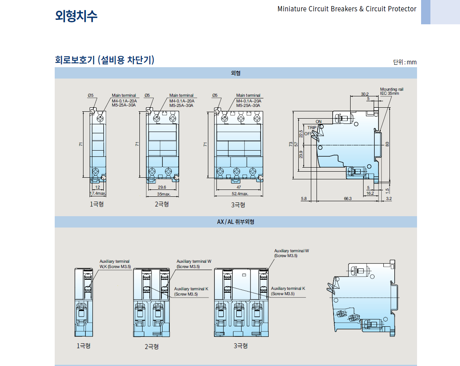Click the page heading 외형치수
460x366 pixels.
click(76, 16)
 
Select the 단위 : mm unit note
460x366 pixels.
click(404, 62)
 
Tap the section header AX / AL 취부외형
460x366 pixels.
click(235, 222)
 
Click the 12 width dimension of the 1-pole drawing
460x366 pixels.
click(97, 187)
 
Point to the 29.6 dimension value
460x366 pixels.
click(162, 187)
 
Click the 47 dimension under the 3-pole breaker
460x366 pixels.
click(239, 187)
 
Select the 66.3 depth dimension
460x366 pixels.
click(347, 198)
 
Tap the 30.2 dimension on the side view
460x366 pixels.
click(364, 94)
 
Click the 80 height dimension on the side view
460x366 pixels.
click(387, 144)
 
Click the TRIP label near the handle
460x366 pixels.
click(311, 128)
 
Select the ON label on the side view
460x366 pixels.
click(319, 122)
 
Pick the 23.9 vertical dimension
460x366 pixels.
click(301, 154)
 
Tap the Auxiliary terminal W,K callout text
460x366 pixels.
click(115, 264)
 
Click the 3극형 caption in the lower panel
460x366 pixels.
click(240, 346)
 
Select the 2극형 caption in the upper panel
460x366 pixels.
click(162, 204)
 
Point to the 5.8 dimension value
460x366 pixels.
click(304, 198)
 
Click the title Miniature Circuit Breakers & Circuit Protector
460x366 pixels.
click(347, 9)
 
